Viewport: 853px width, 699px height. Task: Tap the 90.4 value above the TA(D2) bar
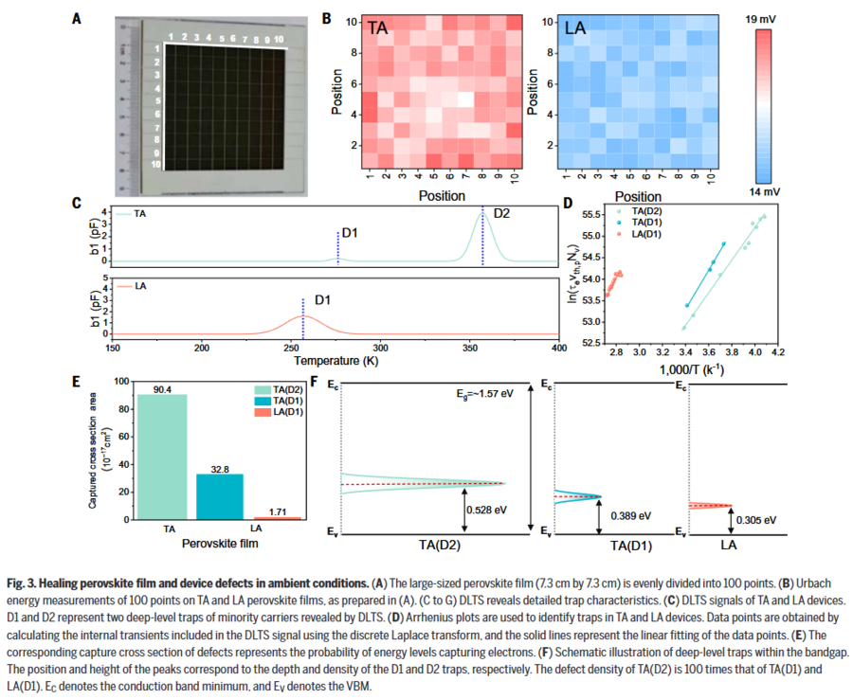[163, 387]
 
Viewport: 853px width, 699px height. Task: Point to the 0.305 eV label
[758, 519]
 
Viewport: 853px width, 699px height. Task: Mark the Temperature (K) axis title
[336, 361]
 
